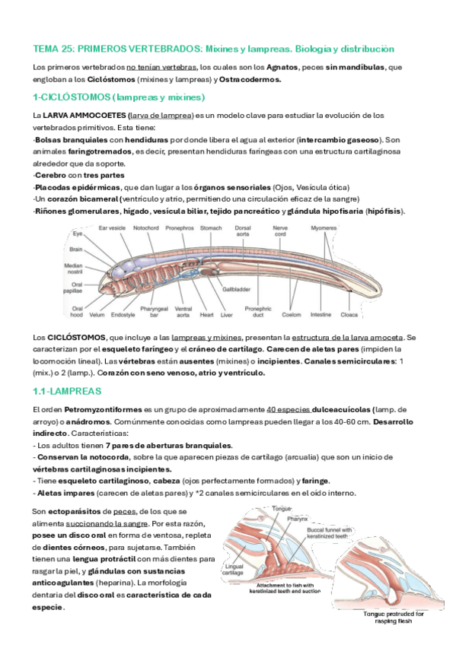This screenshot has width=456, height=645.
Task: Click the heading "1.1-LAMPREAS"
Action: pyautogui.click(x=67, y=391)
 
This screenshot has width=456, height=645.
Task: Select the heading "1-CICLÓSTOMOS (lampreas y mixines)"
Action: pyautogui.click(x=119, y=97)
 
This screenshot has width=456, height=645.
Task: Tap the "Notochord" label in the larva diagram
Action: pyautogui.click(x=145, y=228)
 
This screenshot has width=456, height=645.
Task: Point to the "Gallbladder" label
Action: pyautogui.click(x=236, y=289)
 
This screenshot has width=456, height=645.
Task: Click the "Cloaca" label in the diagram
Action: pyautogui.click(x=349, y=315)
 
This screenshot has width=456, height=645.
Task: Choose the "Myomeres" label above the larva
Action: pyautogui.click(x=324, y=228)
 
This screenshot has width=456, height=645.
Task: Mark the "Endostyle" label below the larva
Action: pyautogui.click(x=123, y=315)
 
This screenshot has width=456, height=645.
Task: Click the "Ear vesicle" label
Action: pyautogui.click(x=112, y=228)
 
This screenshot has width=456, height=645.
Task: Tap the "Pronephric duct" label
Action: pyautogui.click(x=258, y=312)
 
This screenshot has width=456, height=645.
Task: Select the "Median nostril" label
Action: pyautogui.click(x=74, y=268)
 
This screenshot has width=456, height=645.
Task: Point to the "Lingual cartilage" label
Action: pyautogui.click(x=233, y=570)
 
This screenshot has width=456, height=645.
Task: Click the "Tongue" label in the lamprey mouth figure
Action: pyautogui.click(x=282, y=509)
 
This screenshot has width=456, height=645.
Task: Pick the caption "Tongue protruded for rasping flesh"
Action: pyautogui.click(x=393, y=618)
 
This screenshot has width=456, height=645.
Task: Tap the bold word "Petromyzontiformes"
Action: pyautogui.click(x=103, y=410)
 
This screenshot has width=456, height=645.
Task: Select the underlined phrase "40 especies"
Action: pyautogui.click(x=289, y=410)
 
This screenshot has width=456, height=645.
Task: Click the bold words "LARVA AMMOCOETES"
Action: pyautogui.click(x=84, y=116)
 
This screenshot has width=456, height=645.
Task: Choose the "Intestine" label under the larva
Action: pyautogui.click(x=320, y=315)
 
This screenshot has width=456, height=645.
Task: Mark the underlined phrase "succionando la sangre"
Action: pyautogui.click(x=107, y=524)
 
